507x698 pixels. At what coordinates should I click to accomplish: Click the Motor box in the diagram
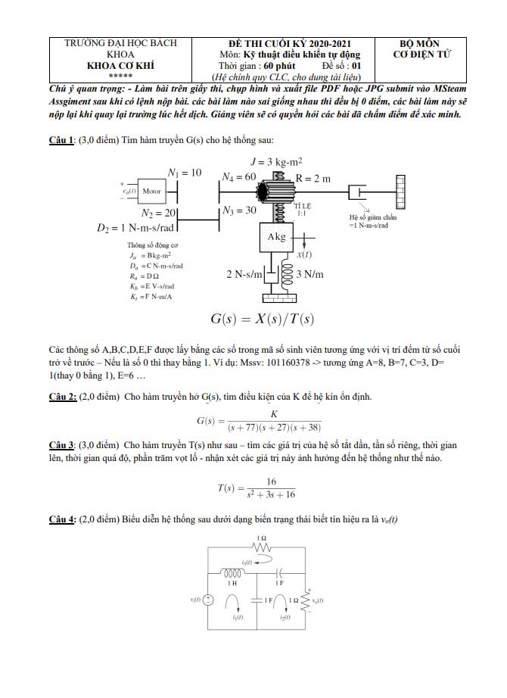[x=152, y=192]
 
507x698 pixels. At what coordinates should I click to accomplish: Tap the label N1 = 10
[x=185, y=173]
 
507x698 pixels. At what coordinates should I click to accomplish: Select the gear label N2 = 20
[x=160, y=213]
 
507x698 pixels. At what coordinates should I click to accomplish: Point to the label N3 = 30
[x=239, y=210]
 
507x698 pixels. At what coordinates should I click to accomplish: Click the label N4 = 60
[x=240, y=176]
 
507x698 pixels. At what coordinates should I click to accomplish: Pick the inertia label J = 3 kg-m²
[x=276, y=161]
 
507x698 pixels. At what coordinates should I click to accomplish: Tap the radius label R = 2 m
[x=313, y=179]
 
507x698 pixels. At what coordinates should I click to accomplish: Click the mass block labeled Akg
[x=278, y=238]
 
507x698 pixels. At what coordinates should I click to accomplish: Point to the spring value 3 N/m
[x=313, y=274]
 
